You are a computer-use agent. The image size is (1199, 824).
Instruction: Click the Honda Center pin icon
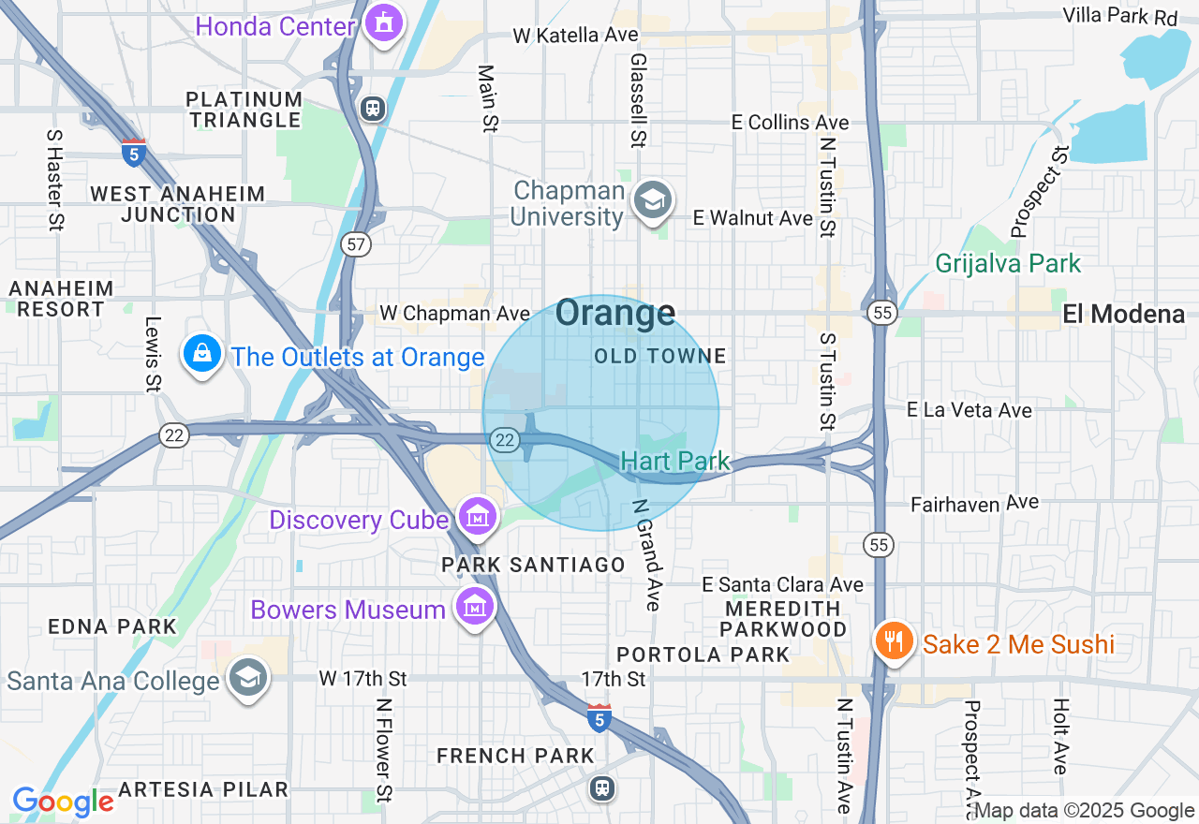(382, 23)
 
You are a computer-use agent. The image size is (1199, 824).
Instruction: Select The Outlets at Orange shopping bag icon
(201, 355)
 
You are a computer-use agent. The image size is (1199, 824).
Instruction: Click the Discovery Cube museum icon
(478, 517)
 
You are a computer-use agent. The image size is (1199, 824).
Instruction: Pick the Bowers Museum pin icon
(474, 607)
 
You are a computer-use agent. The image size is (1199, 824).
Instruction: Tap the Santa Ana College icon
(248, 679)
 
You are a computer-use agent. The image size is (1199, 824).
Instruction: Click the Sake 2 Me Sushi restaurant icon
(896, 642)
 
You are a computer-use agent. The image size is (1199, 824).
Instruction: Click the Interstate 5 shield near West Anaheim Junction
(133, 152)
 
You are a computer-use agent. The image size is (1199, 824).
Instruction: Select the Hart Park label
(674, 461)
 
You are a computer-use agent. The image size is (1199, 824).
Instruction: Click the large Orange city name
(614, 314)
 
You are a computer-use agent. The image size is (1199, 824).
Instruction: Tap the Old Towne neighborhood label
(660, 356)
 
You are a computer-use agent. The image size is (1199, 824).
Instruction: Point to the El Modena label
(1123, 315)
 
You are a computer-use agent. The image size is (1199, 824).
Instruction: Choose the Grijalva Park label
(1008, 264)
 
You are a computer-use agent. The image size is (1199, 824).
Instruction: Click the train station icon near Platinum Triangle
(373, 109)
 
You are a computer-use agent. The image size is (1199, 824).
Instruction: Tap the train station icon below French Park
(602, 787)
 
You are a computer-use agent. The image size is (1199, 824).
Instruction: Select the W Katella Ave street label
(575, 36)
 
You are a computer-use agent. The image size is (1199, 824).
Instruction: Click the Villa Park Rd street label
(1119, 17)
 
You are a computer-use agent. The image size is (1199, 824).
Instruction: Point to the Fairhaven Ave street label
(974, 504)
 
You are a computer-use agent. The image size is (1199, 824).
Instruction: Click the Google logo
(63, 802)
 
